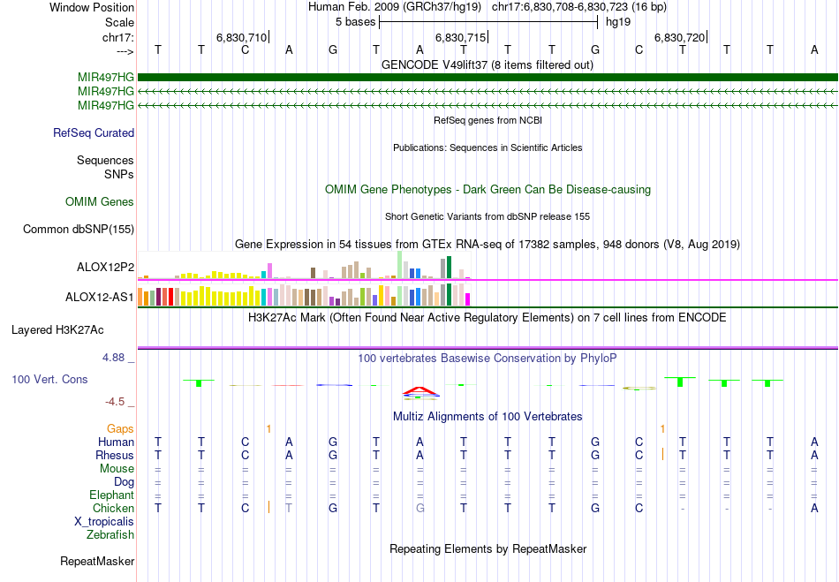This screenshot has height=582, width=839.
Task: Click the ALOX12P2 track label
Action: [105, 267]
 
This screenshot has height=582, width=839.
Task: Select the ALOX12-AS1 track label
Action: [100, 297]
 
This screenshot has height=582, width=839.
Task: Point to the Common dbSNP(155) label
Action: [79, 230]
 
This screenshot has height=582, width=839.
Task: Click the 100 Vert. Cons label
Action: [49, 379]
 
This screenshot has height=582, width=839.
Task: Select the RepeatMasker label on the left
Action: [97, 561]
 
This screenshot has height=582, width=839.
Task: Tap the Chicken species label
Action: [113, 509]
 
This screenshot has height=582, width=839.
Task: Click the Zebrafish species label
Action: [110, 535]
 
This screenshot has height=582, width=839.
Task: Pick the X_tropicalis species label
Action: [104, 522]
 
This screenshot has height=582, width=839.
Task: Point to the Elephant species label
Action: [111, 495]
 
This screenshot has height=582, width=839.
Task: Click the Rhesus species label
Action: [115, 456]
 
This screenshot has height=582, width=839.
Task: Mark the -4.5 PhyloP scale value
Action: [117, 402]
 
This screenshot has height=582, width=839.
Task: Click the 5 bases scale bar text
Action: [354, 21]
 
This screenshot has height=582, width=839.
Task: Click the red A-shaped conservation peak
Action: [420, 389]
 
